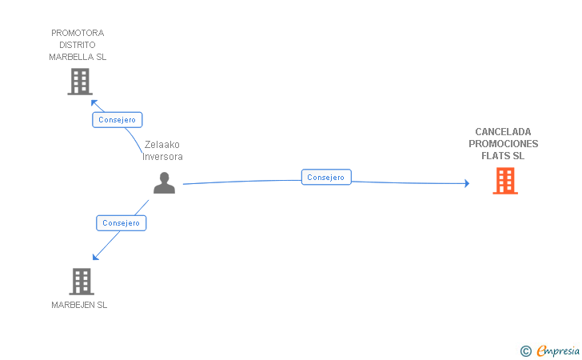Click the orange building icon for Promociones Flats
coord(504,181)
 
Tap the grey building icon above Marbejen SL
coord(82,281)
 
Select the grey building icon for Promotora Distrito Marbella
coord(79,82)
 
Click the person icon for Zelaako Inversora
coord(164,183)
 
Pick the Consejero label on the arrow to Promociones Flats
coord(326,178)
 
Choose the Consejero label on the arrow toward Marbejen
coord(122,223)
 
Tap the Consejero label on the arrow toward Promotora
coord(118,120)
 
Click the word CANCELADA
coord(503,132)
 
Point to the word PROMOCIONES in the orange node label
coord(503,144)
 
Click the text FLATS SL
coord(503,156)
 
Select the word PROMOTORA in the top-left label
coord(78,33)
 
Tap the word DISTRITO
coord(78,45)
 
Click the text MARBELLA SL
coord(78,57)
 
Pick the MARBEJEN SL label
coord(79,305)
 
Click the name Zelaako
coord(162,145)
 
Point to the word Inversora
coord(162,157)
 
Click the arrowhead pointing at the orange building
coord(466,184)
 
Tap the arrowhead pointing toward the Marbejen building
coord(95,257)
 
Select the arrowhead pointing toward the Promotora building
coord(93,102)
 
